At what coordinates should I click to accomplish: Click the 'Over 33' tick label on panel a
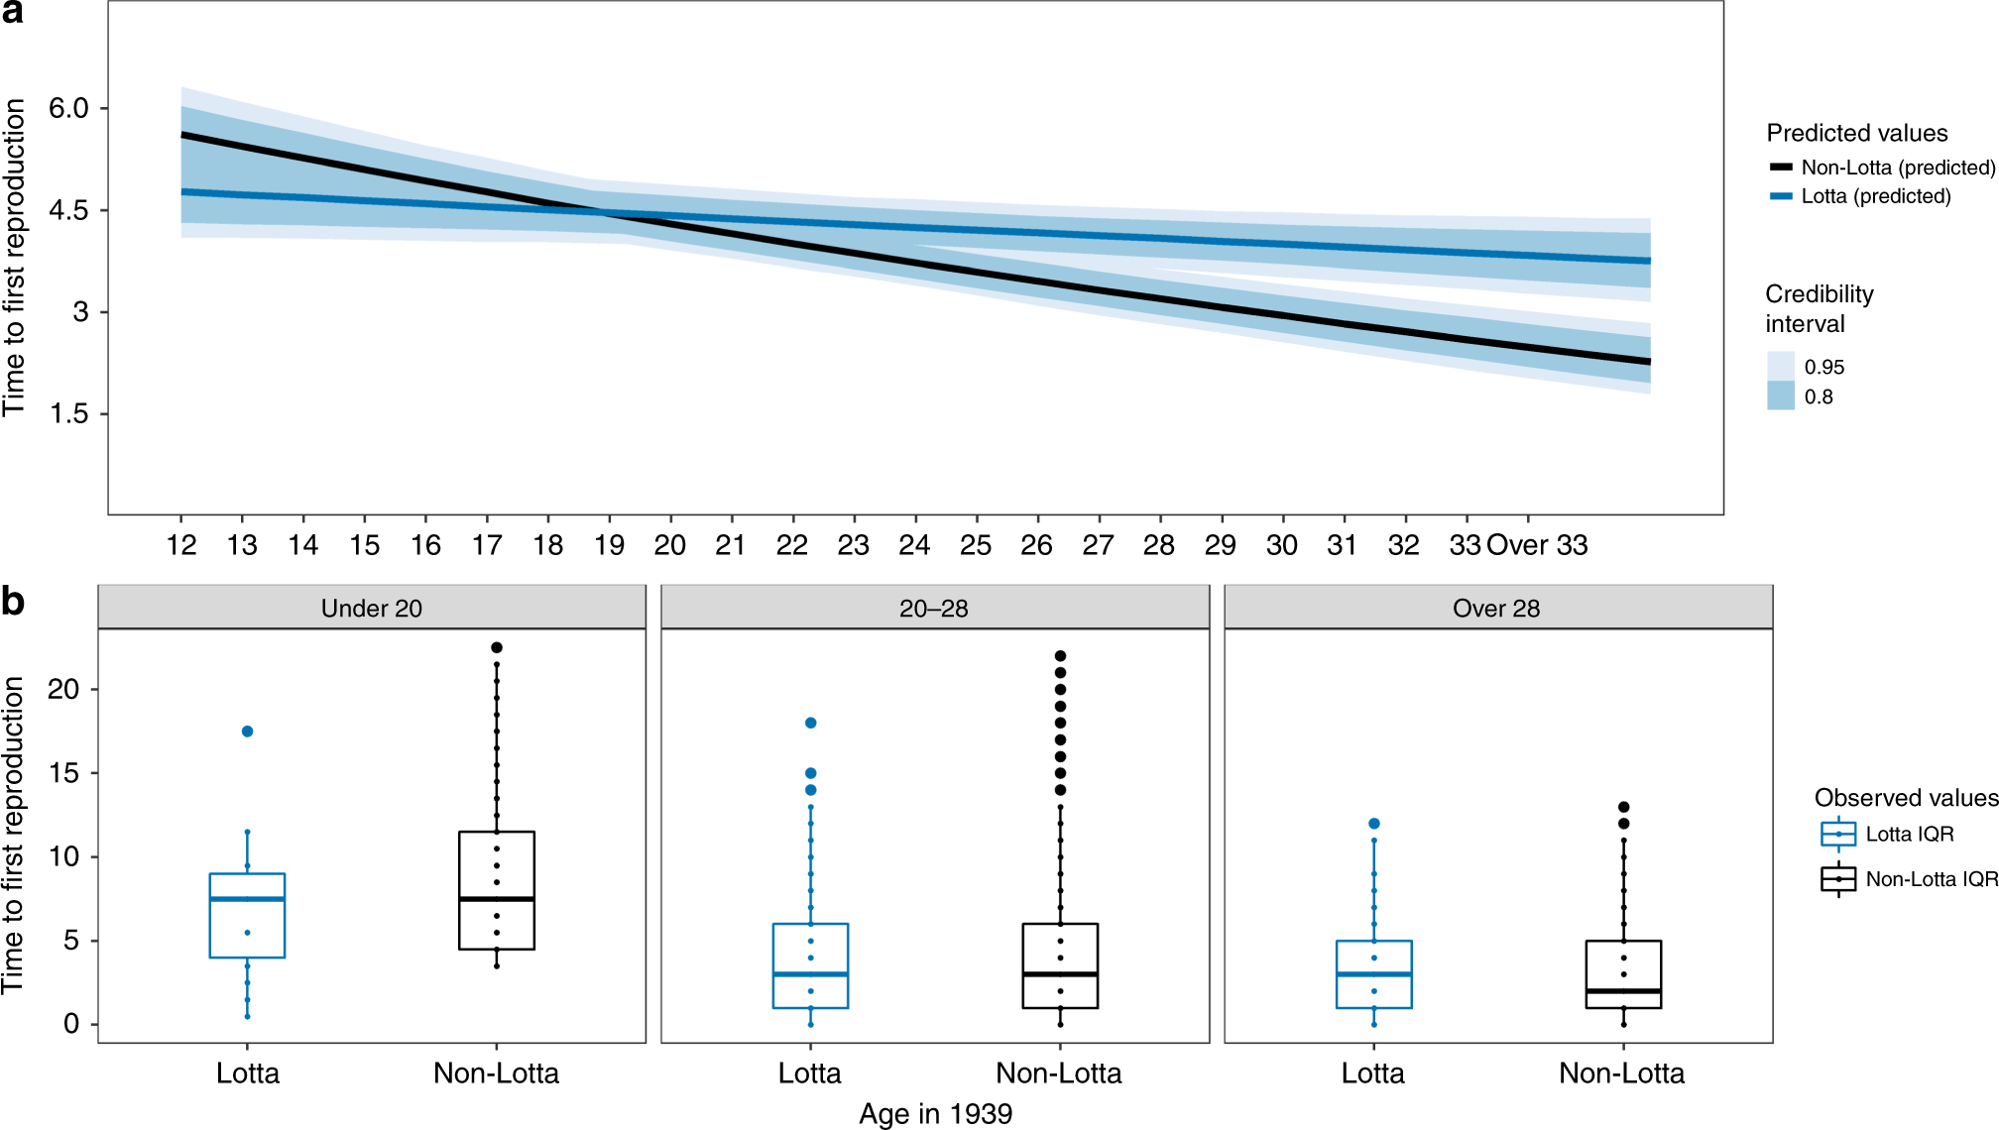click(1537, 545)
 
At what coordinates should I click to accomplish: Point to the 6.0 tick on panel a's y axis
click(68, 108)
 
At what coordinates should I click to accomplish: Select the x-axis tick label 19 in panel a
click(609, 545)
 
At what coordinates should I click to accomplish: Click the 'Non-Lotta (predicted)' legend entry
click(1897, 168)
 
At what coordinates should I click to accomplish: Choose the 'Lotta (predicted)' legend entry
click(1875, 196)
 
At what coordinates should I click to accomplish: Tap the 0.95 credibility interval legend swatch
click(1781, 366)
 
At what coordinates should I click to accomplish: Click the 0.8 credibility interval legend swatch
click(1781, 395)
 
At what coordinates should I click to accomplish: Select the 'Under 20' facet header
click(372, 608)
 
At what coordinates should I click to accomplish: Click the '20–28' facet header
click(934, 608)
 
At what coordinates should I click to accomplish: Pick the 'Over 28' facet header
click(1496, 608)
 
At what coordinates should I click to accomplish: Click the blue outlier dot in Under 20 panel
click(248, 732)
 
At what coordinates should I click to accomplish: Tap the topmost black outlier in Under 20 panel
click(497, 647)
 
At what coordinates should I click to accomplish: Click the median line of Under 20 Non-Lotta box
click(497, 899)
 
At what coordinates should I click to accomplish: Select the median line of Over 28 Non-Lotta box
click(1623, 990)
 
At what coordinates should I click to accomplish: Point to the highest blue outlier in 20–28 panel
click(810, 723)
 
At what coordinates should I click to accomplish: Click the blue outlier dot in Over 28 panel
click(1374, 824)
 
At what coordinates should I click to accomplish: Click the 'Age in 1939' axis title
click(935, 1114)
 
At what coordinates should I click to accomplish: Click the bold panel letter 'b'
click(13, 602)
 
